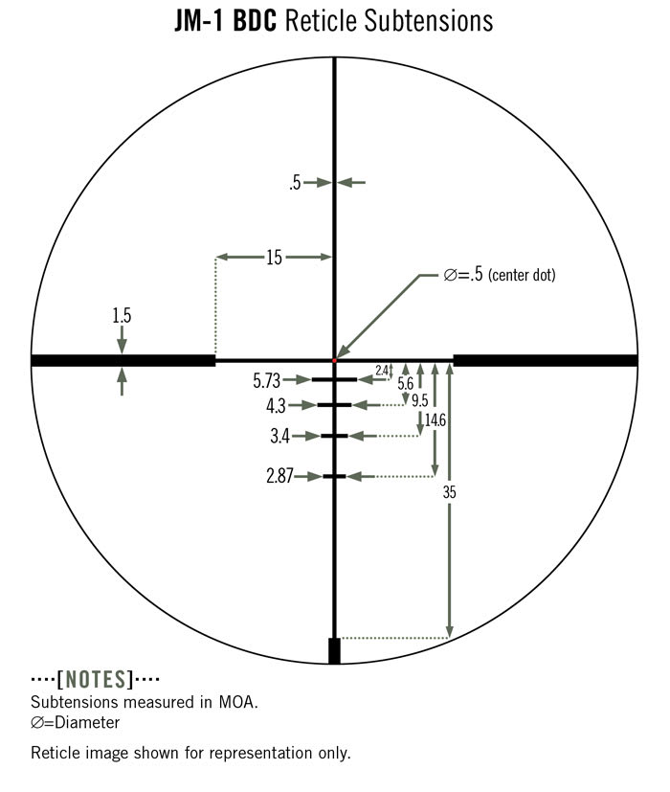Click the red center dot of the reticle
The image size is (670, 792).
pos(334,360)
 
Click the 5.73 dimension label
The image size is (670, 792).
pos(267,381)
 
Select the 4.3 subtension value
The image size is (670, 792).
pos(277,406)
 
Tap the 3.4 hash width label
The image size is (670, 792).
pos(280,436)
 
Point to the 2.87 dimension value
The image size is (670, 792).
pos(279,476)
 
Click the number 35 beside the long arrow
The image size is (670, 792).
pos(449,492)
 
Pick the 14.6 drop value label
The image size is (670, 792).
pos(435,419)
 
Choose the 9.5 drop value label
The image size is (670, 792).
pos(419,400)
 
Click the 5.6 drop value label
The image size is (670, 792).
pos(406,383)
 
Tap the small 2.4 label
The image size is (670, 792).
pos(382,371)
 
